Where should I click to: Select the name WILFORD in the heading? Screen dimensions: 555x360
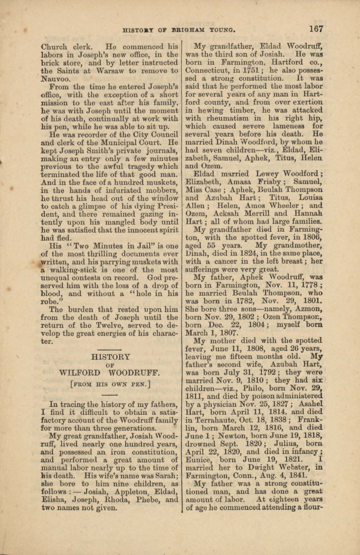[80, 373]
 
